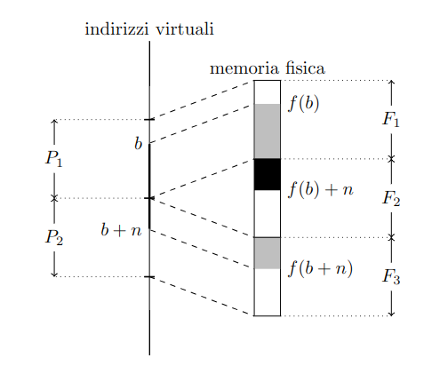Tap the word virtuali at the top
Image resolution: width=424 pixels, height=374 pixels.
coord(185,29)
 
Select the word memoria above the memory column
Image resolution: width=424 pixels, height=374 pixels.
coord(244,68)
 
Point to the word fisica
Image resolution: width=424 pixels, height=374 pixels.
coord(306,68)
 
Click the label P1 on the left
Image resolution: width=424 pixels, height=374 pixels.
coord(54,158)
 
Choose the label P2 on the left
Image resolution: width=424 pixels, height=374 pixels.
coord(54,237)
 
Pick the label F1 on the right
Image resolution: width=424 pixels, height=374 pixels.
coord(391,119)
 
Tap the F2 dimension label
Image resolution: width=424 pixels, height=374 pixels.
coord(391,198)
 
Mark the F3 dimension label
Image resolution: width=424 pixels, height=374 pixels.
coord(391,276)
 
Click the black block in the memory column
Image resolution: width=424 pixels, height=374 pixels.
coord(268,174)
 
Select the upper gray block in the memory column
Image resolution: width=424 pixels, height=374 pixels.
coord(268,131)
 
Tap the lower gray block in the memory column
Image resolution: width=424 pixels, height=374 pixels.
coord(268,253)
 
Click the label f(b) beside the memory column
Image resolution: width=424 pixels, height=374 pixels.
coord(304,104)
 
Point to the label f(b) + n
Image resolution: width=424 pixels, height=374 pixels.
coord(321,189)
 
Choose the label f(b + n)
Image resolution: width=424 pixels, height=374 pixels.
coord(321,268)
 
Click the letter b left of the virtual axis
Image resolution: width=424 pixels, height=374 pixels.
coord(139,144)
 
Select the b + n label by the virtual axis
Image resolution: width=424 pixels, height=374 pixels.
coord(121,230)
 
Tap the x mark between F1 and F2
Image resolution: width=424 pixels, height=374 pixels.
coord(391,159)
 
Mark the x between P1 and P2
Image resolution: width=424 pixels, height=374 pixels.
coord(54,198)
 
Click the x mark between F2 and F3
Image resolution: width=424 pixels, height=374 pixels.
coord(391,237)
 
